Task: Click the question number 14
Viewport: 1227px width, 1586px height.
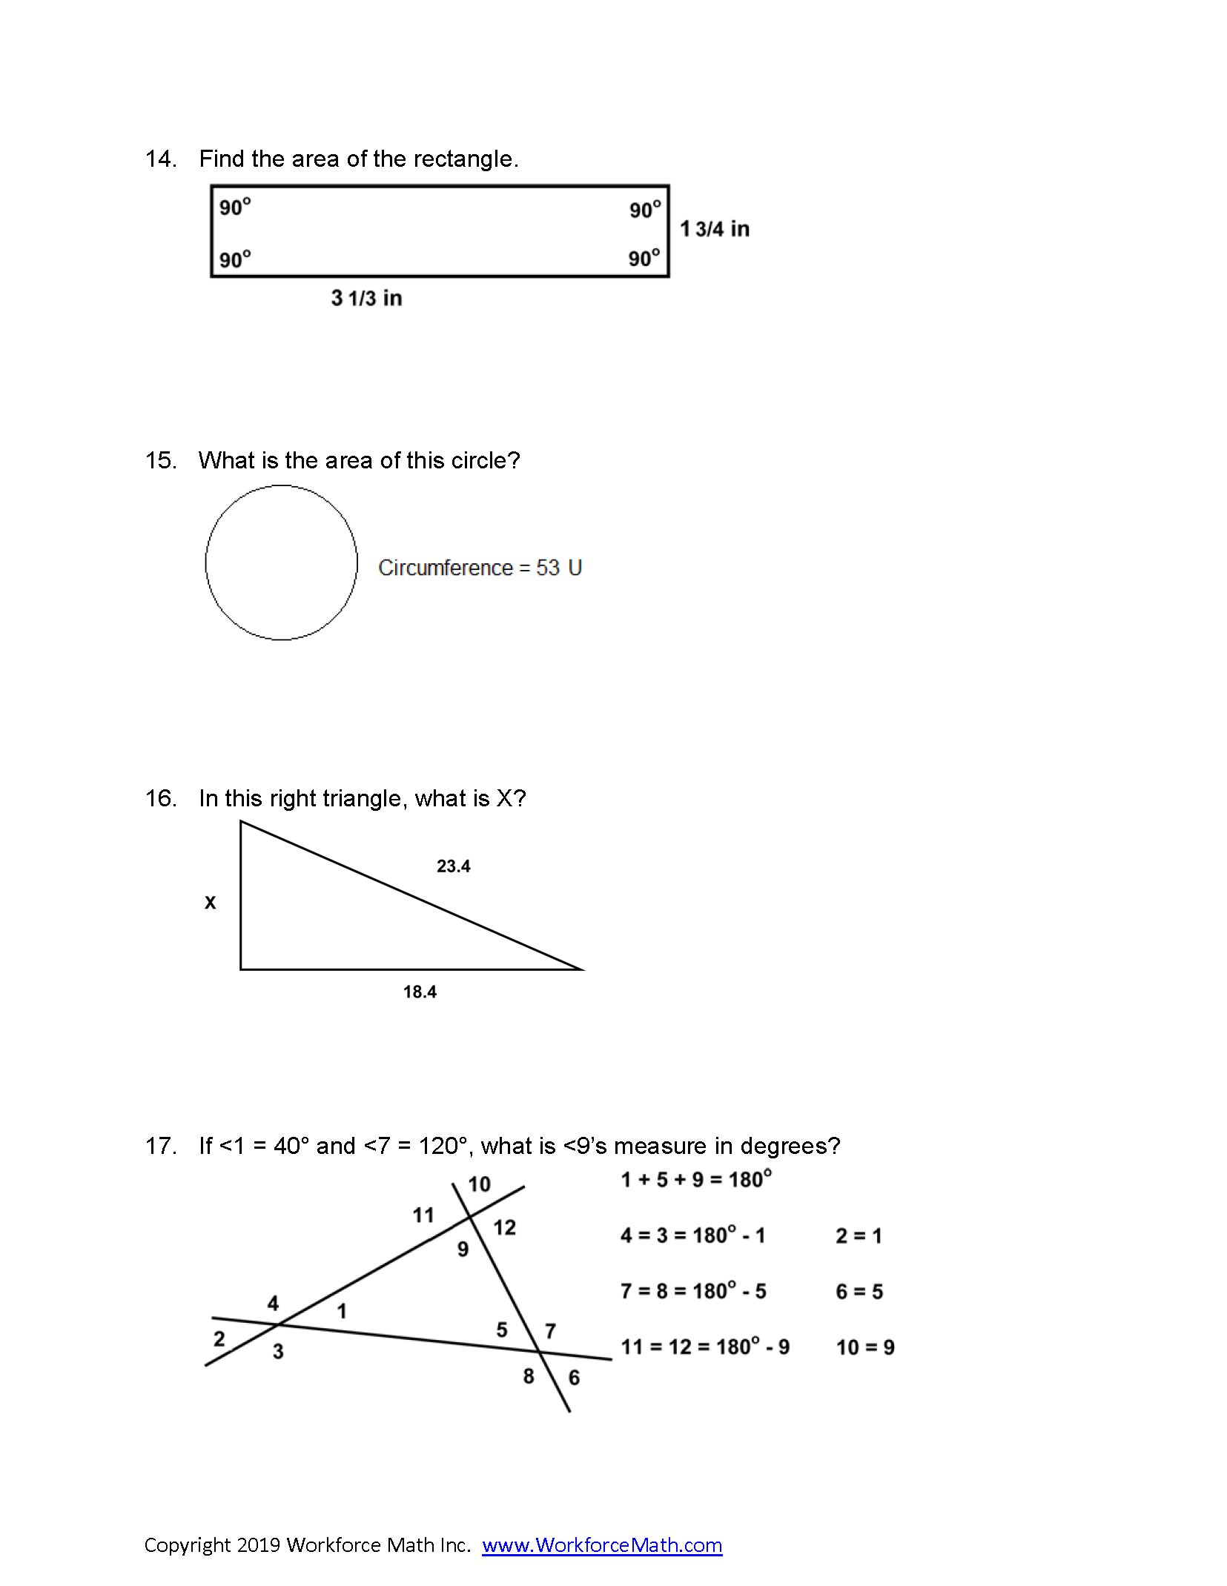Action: click(160, 159)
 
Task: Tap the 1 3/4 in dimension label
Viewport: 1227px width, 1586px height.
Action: click(715, 229)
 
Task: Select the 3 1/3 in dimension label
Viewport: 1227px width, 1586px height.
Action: click(366, 298)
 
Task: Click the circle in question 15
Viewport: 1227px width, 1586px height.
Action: click(282, 563)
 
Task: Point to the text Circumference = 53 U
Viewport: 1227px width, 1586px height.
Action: click(480, 568)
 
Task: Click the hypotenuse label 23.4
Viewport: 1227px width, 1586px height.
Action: click(453, 866)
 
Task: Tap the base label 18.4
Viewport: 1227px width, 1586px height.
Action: click(420, 992)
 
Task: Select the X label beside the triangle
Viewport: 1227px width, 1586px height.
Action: click(211, 903)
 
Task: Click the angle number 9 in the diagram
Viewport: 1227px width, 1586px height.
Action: click(463, 1250)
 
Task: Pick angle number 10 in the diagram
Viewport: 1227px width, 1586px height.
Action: click(479, 1184)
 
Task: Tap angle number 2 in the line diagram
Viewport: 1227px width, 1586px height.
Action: click(219, 1338)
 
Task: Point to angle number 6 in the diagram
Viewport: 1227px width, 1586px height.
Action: click(574, 1378)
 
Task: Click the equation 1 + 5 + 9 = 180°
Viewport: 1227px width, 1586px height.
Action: click(695, 1179)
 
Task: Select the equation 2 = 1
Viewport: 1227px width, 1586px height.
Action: click(859, 1235)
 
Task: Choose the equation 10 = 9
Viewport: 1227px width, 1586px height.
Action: click(865, 1347)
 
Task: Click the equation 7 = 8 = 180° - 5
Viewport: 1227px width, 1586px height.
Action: click(693, 1291)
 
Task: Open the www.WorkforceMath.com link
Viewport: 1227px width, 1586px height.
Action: click(602, 1545)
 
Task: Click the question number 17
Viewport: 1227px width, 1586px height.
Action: click(160, 1147)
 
